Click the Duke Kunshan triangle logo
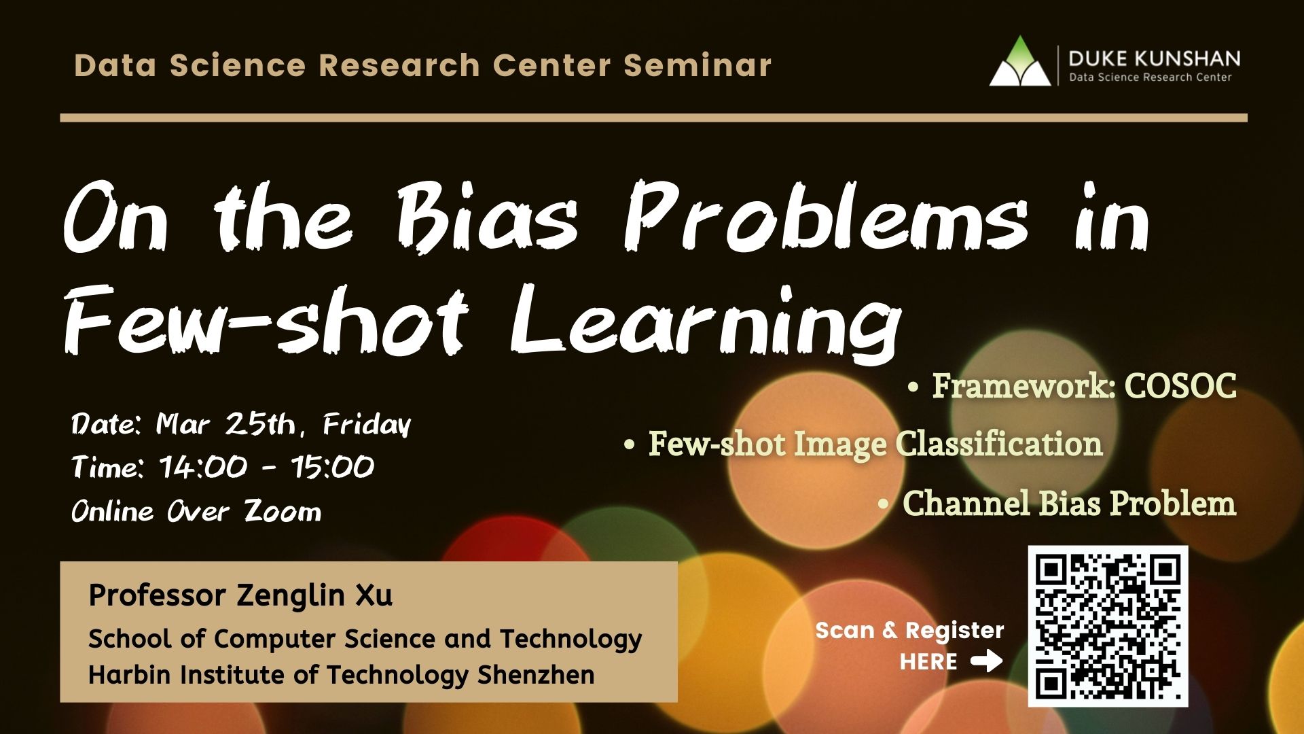(1020, 62)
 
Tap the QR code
(1108, 626)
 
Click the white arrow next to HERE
(986, 661)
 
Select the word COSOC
(1180, 386)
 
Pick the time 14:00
(203, 467)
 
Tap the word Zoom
(283, 510)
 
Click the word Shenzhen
(536, 675)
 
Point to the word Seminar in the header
(698, 65)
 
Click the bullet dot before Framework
(913, 387)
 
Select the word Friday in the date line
(367, 425)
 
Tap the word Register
(954, 631)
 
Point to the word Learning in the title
(706, 321)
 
